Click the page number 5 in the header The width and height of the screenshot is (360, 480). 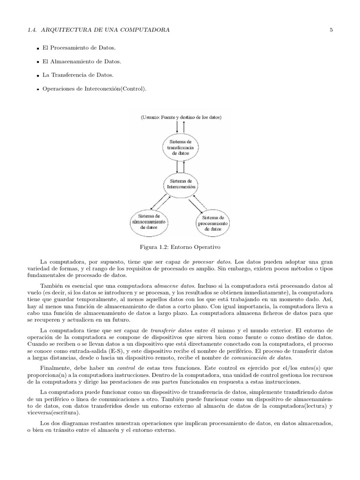click(x=331, y=30)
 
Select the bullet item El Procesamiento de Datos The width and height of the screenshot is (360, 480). click(x=79, y=48)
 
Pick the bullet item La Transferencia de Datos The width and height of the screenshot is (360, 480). click(x=78, y=75)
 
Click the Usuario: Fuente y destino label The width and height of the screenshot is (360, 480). click(x=180, y=117)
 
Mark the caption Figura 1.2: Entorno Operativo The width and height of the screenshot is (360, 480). click(x=180, y=246)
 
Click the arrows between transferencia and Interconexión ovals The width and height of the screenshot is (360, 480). click(x=180, y=166)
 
